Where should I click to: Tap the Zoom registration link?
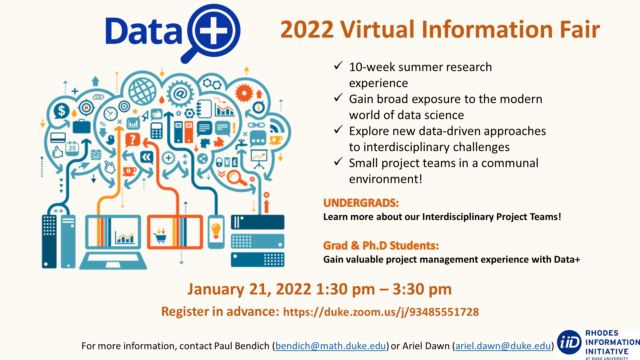coord(381,312)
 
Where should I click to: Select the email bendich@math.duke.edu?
coord(330,346)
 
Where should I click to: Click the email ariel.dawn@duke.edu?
coord(503,346)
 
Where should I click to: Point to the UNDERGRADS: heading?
coord(361,203)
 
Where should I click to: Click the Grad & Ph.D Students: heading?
coord(381,246)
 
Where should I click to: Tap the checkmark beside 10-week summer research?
coord(338,65)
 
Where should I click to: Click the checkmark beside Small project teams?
coord(338,162)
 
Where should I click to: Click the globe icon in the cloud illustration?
coord(143,91)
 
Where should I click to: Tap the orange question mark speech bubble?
coord(132,140)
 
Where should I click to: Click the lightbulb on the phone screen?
coord(216,230)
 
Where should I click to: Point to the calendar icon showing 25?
coord(72,147)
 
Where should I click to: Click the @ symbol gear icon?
coord(180,94)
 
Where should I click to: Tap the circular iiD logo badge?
coord(569,342)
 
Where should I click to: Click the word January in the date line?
coord(216,289)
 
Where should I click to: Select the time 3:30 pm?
coord(422,289)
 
